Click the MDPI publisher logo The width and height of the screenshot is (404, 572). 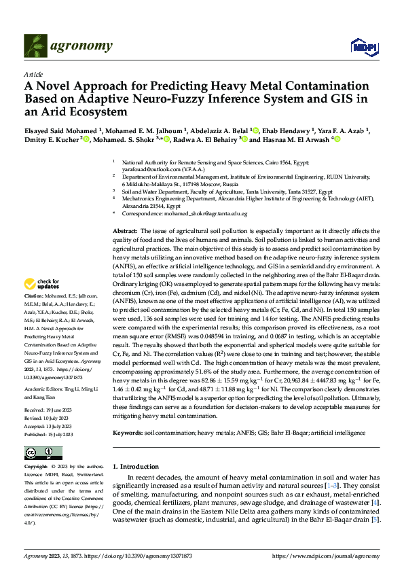point(360,46)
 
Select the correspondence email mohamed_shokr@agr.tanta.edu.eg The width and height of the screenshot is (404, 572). point(209,213)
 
